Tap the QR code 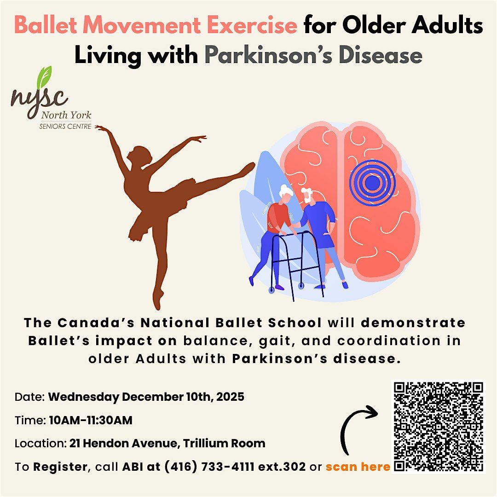438,426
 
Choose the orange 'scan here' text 358,467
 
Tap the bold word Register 60,467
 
